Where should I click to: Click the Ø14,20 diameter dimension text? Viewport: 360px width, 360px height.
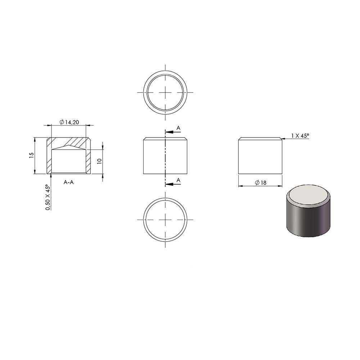(69, 122)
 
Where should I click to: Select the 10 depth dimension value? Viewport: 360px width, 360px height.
(99, 161)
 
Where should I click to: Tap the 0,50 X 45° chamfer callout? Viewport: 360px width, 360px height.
(48, 197)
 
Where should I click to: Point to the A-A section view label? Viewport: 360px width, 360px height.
(69, 182)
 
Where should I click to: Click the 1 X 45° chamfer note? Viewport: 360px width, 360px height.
(300, 136)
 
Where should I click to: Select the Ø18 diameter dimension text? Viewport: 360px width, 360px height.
(261, 183)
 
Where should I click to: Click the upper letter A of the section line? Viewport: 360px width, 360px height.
(179, 128)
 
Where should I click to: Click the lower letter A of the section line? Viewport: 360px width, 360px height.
(179, 180)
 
